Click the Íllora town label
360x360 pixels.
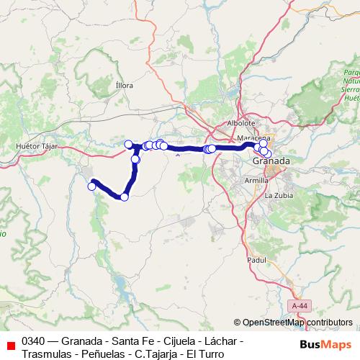(125, 85)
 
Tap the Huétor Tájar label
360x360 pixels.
(36, 146)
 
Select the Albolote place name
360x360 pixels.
(240, 123)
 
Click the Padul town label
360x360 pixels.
(256, 259)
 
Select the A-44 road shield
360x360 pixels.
(300, 306)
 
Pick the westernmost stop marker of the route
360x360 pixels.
(91, 186)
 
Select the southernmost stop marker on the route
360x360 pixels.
(125, 197)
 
